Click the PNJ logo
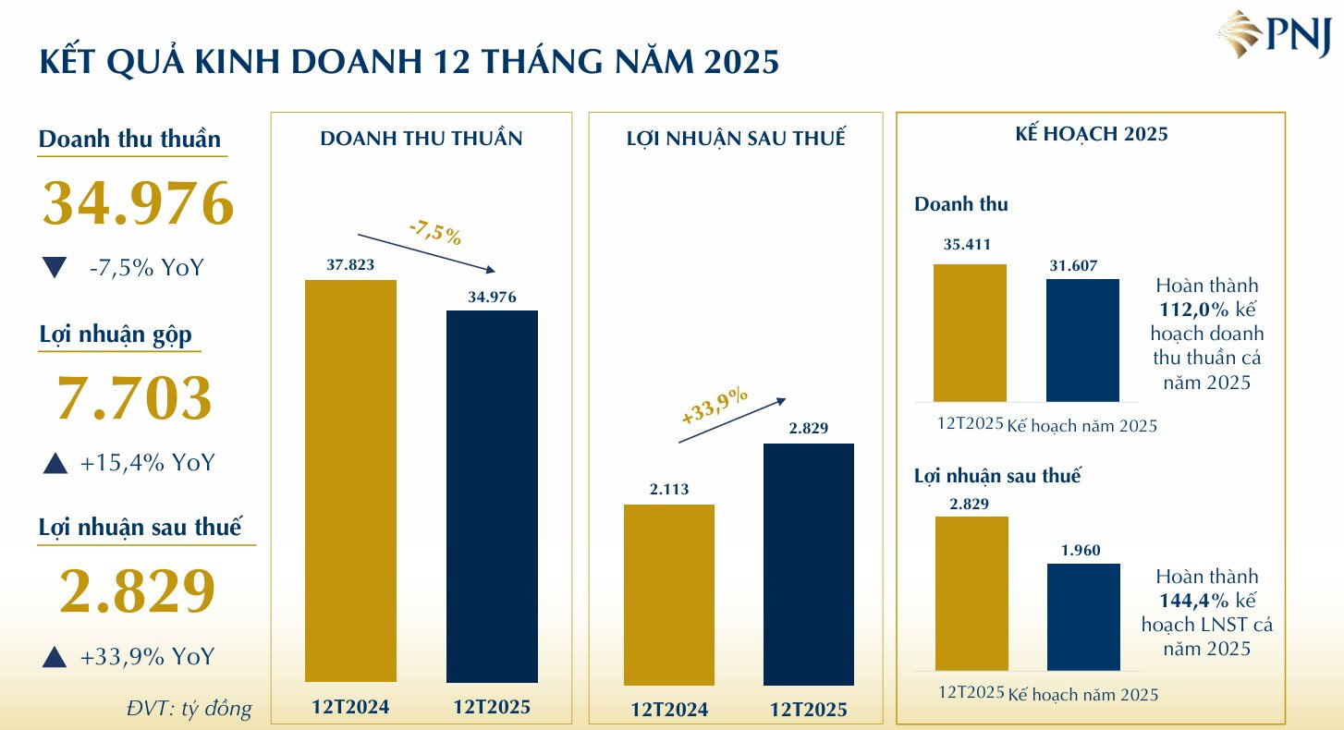coord(1273,36)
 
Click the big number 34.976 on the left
coord(138,204)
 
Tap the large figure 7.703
coord(135,399)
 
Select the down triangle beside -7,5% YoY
coord(55,269)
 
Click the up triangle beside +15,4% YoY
coord(55,463)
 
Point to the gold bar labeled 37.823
coord(350,481)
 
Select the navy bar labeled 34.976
coord(492,496)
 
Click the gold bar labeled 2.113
coord(669,594)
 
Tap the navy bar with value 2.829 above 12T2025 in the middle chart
coord(809,564)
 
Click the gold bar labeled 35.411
coord(970,333)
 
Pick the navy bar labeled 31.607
coord(1082,340)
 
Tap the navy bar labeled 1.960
coord(1083,616)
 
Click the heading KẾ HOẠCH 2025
coord(1091,135)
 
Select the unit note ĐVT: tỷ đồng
coord(189,709)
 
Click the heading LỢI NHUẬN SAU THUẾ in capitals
coord(736,140)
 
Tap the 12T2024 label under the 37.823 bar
coord(350,708)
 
